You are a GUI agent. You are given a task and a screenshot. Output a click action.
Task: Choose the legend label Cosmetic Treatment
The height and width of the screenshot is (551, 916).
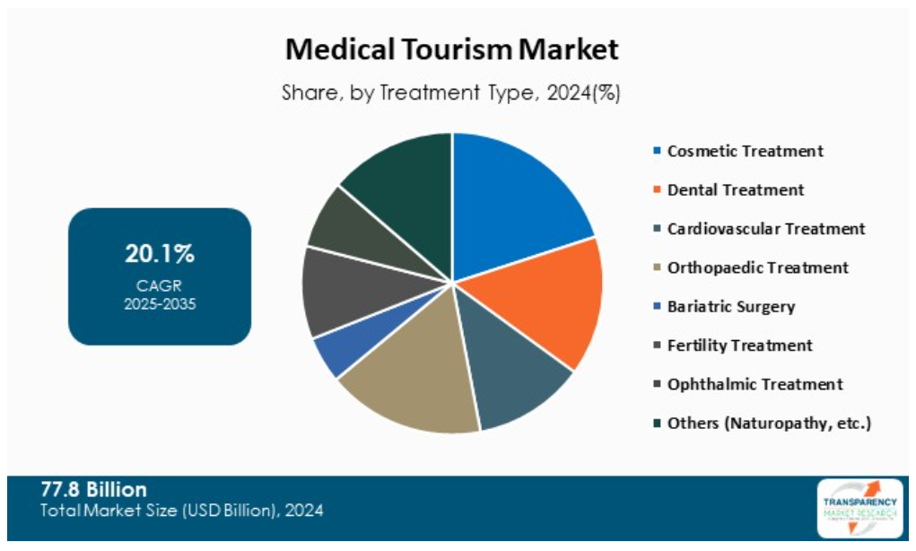point(745,151)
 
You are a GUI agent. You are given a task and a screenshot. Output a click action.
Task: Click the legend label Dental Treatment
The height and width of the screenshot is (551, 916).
point(736,189)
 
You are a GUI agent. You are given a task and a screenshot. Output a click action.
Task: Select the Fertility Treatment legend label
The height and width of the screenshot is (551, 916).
point(739,345)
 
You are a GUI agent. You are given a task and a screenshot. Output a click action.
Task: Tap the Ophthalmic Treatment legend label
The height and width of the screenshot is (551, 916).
point(755,384)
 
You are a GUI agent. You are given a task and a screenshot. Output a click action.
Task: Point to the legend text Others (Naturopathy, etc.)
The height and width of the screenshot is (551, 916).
point(769,423)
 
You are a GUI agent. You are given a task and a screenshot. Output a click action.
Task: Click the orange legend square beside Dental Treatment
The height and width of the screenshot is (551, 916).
point(657,190)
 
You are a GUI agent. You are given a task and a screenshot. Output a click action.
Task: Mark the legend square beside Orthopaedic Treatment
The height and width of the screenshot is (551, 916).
point(657,267)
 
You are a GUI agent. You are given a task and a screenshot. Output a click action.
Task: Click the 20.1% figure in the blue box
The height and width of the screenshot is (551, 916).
point(160,254)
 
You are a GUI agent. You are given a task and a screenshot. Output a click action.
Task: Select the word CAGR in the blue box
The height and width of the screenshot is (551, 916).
point(160,285)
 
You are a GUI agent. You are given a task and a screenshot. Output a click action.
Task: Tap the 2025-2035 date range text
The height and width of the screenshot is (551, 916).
point(160,303)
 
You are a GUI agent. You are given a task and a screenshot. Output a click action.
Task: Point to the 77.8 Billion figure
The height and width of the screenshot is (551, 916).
point(93,490)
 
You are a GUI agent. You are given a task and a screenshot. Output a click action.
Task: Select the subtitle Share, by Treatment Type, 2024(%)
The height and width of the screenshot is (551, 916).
point(452,92)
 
